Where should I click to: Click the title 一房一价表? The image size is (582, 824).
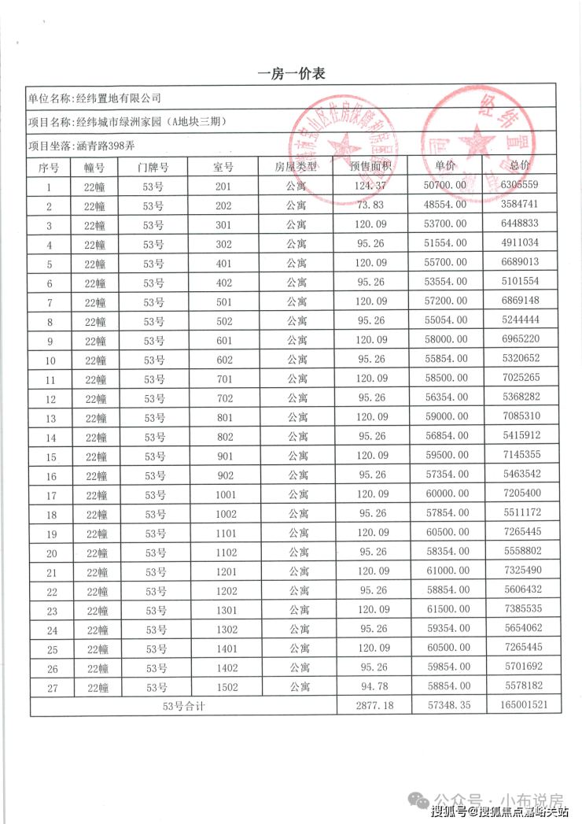click(x=291, y=74)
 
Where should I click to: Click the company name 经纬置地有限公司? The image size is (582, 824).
click(x=117, y=98)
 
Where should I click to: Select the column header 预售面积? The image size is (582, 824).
click(x=372, y=167)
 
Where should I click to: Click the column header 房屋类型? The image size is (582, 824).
click(x=296, y=167)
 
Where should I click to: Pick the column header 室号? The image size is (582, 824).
click(x=224, y=167)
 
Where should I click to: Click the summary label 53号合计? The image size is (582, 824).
click(x=182, y=707)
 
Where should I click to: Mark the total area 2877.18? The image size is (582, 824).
click(x=372, y=707)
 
